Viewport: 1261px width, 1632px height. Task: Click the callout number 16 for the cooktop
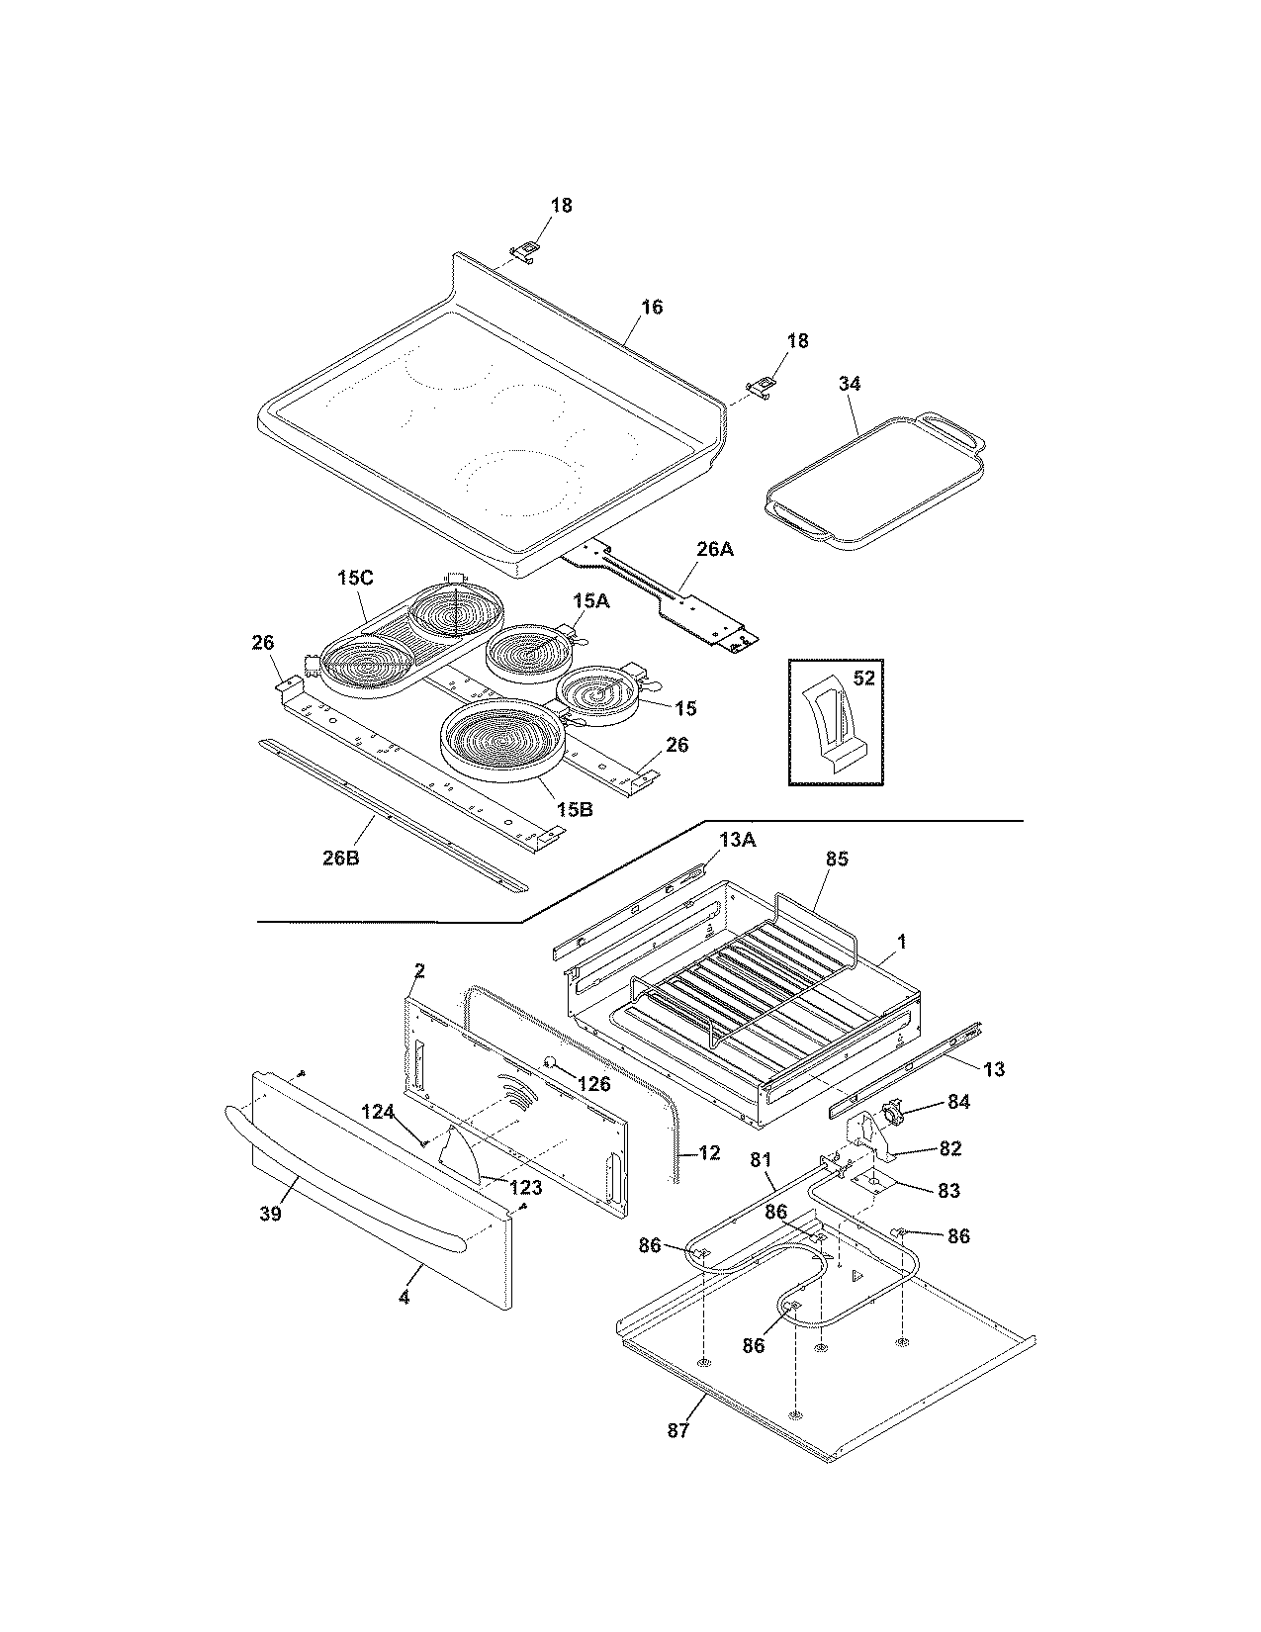[651, 307]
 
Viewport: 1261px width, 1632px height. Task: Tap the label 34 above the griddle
[850, 383]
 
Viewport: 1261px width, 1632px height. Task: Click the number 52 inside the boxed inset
[864, 678]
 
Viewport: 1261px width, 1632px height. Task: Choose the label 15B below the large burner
[574, 809]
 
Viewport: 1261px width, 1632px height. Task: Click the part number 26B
[340, 857]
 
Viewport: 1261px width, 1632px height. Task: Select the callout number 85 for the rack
[837, 860]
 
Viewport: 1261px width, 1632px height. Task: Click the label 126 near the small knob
[593, 1084]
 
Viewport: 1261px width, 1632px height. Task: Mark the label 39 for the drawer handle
[270, 1214]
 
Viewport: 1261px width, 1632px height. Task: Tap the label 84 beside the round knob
[958, 1101]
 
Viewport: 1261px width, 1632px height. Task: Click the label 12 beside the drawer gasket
[708, 1152]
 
